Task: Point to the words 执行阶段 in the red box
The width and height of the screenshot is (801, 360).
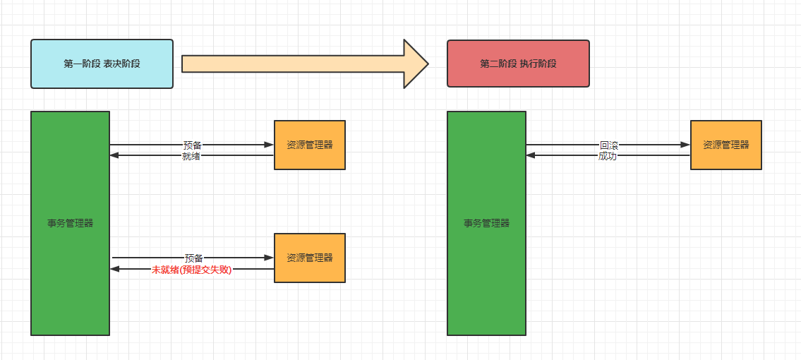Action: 538,64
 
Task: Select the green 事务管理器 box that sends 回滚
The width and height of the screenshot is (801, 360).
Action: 486,223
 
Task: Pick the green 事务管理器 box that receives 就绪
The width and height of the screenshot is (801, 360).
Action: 70,223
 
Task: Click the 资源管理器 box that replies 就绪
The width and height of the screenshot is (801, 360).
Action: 309,145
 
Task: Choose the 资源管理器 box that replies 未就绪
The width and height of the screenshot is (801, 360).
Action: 309,258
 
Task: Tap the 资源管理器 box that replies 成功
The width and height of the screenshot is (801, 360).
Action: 725,145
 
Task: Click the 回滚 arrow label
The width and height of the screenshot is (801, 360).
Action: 608,145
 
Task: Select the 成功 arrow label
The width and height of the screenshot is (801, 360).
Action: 607,156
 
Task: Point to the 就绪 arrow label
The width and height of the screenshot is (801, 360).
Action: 191,156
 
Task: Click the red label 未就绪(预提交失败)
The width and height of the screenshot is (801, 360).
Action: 191,269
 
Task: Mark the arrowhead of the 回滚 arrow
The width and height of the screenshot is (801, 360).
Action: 685,145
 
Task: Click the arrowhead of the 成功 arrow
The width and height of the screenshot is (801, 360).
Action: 531,155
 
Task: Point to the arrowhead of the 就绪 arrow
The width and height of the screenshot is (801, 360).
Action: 114,155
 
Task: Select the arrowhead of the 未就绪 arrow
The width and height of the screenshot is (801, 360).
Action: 116,268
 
